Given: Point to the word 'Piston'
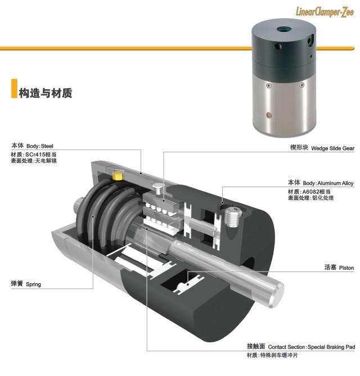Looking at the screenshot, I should pos(346,268).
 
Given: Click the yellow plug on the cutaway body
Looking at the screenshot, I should pos(118,176).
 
